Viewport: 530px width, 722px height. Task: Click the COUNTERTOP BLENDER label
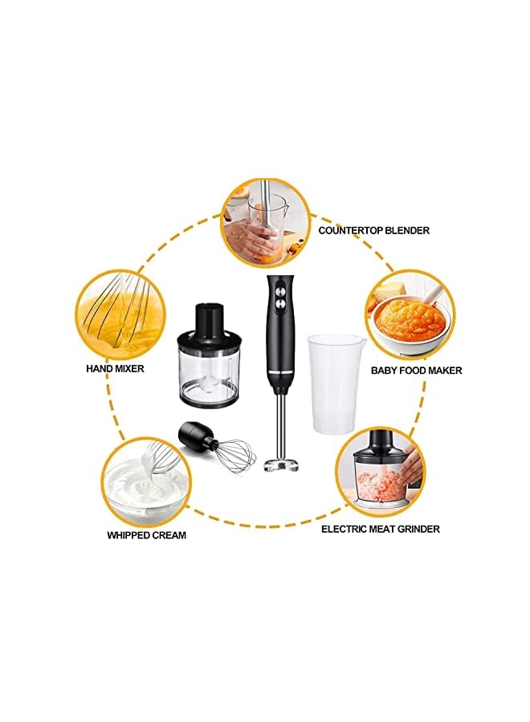point(373,230)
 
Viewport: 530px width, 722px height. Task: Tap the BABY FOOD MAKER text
point(416,371)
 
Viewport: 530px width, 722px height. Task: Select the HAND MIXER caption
point(115,369)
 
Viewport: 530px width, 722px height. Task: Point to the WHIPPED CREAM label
point(147,535)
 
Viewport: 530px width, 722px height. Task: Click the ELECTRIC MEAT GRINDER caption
point(380,529)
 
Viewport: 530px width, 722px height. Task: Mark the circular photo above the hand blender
point(264,223)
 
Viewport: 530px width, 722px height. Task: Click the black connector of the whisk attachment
point(196,437)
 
